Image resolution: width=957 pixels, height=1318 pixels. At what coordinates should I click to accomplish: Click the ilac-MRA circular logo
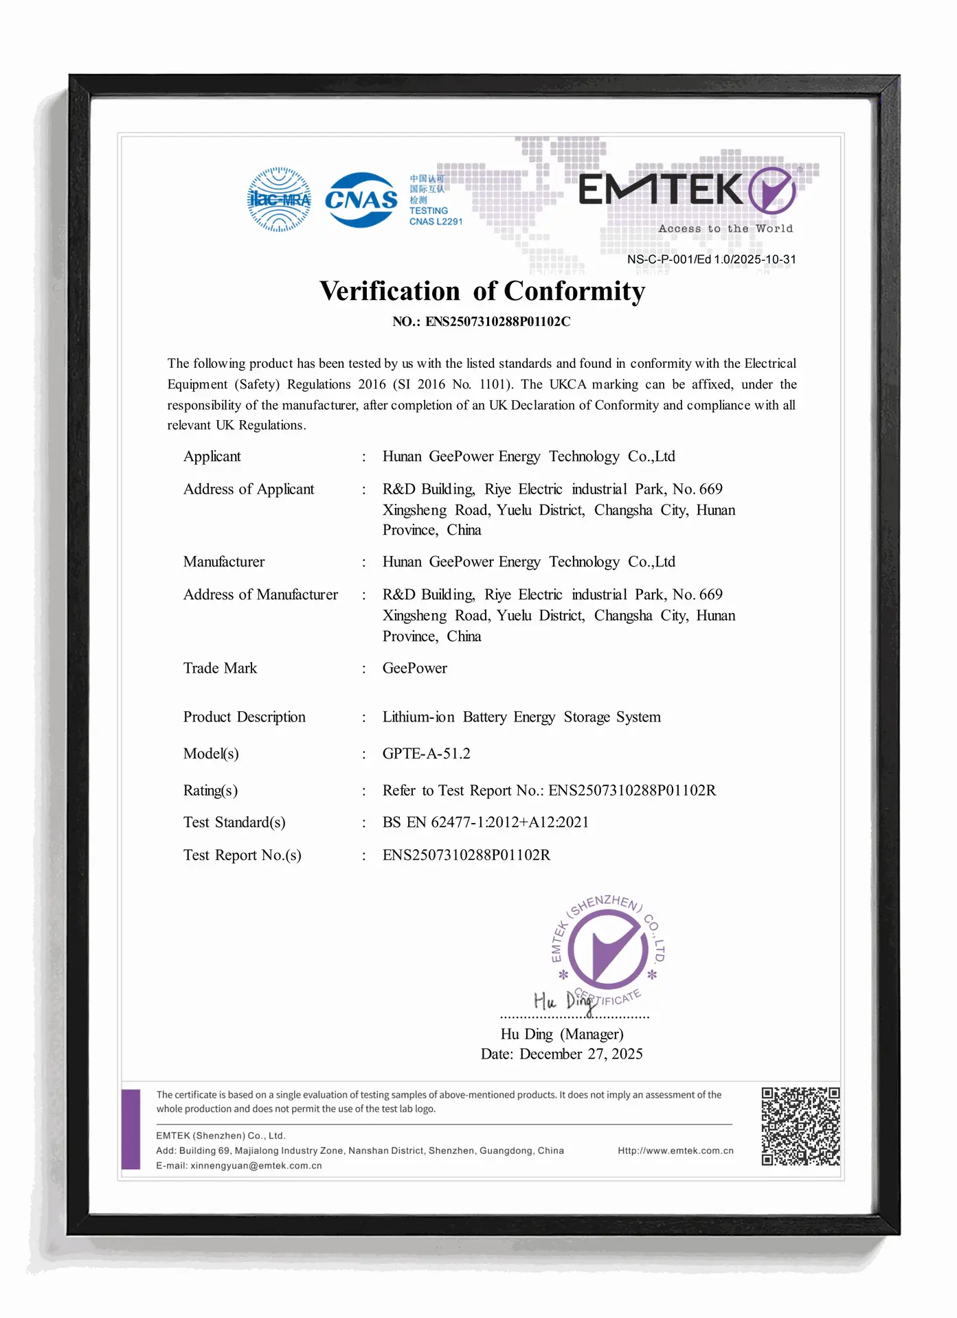[279, 200]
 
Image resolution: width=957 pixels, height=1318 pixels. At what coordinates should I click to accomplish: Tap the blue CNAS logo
[361, 200]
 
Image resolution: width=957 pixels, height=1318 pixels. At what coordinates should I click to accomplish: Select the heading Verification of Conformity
[482, 291]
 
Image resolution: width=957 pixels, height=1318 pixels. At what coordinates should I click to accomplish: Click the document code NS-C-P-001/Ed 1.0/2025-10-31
[711, 259]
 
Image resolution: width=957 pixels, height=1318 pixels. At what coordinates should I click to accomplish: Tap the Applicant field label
[212, 456]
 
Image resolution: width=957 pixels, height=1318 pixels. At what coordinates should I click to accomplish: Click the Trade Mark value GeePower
[414, 668]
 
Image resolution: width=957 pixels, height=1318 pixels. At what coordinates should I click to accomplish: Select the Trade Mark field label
[220, 668]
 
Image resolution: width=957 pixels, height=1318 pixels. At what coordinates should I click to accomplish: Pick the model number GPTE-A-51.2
[426, 754]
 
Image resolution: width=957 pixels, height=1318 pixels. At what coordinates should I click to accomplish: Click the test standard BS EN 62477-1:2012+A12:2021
[485, 822]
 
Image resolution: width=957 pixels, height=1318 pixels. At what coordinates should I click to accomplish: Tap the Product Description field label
[244, 717]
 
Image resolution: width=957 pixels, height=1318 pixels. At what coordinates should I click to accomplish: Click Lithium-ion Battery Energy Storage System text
[521, 717]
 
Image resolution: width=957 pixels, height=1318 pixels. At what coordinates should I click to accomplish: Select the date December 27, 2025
[581, 1054]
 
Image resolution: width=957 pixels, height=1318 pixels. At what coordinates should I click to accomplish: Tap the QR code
[800, 1126]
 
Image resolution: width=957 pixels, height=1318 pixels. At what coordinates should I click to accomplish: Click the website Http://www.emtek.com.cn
[675, 1151]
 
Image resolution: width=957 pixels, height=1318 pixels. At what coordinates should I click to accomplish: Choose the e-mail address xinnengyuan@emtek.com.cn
[256, 1166]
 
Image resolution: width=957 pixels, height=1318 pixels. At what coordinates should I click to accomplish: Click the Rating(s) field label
[210, 791]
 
